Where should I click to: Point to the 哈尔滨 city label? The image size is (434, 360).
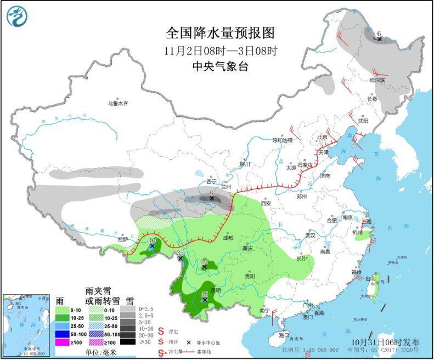(x=377, y=80)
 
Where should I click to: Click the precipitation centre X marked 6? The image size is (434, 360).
(x=379, y=39)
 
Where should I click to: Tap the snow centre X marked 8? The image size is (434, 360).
(x=211, y=199)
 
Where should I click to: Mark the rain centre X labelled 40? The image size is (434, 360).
(x=152, y=246)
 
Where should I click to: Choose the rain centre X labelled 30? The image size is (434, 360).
(x=204, y=267)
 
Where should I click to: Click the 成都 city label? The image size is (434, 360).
(x=228, y=238)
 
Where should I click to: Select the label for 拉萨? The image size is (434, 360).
(x=122, y=239)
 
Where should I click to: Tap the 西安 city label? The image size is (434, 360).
(x=266, y=203)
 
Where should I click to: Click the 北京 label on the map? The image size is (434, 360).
(x=322, y=137)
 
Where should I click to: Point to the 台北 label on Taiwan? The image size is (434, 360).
(x=370, y=278)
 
